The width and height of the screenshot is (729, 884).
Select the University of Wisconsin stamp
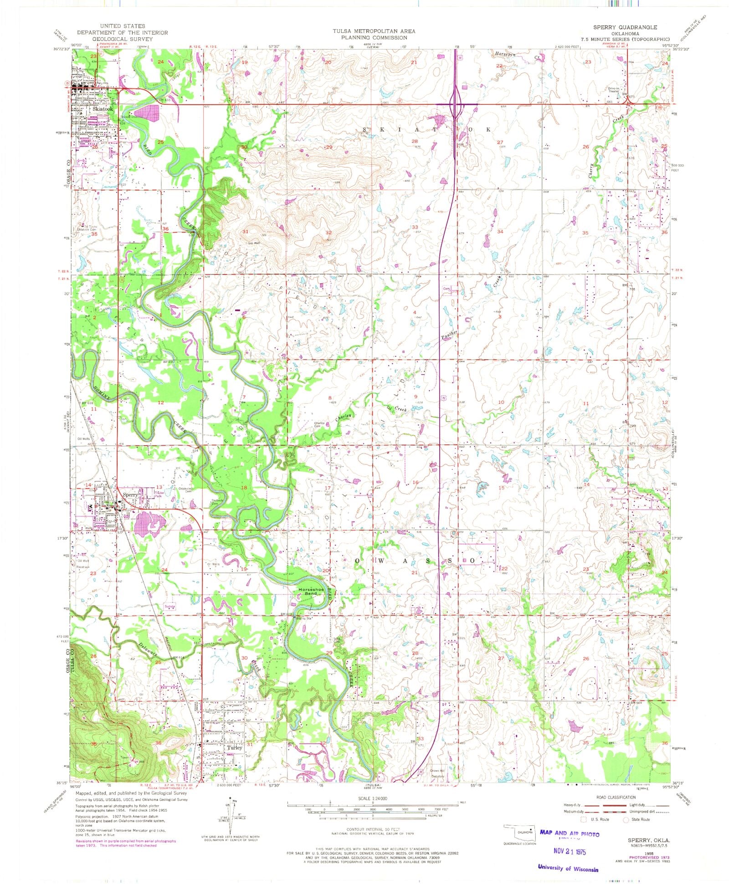coord(568,868)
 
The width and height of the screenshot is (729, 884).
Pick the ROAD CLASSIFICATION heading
coord(616,798)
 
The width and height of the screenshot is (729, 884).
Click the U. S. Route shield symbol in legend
coord(583,819)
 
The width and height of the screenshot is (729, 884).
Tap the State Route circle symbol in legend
coord(626,819)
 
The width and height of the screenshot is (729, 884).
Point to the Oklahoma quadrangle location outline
coord(520,832)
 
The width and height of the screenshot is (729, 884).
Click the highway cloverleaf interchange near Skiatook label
coord(456,104)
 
